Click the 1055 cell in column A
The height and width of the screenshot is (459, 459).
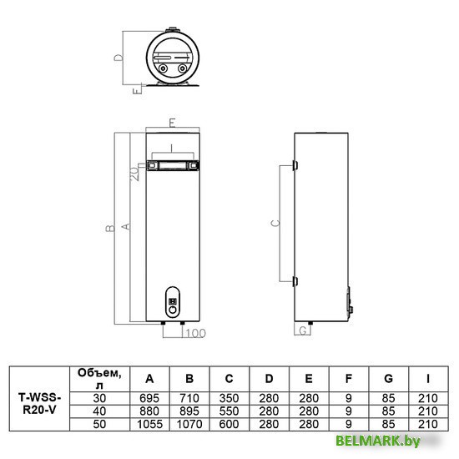point(149,424)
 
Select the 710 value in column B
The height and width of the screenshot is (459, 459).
point(189,398)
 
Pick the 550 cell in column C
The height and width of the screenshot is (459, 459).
point(229,411)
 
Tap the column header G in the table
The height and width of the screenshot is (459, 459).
point(388,379)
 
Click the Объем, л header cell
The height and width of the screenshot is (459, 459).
point(99,379)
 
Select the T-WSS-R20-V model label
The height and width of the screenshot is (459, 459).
point(39,404)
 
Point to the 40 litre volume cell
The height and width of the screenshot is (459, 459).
point(99,411)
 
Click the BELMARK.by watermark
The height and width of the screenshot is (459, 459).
point(377,441)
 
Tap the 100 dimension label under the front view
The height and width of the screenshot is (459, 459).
point(195,334)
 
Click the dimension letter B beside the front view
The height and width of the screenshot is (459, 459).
point(110,228)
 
